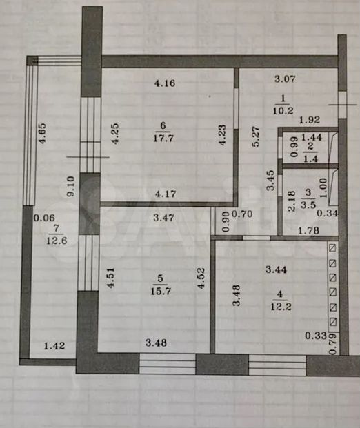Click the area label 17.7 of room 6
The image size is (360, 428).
[x=163, y=138]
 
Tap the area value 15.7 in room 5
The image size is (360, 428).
[x=161, y=291]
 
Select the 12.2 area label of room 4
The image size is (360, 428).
[x=281, y=307]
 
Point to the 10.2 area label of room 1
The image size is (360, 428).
[x=283, y=110]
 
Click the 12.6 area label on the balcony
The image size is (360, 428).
[x=57, y=241]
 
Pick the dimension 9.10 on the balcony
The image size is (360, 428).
[x=70, y=186]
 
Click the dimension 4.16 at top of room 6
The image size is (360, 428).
[x=165, y=83]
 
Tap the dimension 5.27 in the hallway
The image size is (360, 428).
[x=255, y=136]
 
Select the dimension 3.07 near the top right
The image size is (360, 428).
[x=285, y=79]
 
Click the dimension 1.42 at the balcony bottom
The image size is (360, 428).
[x=54, y=346]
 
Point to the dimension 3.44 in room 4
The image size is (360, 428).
[x=277, y=269]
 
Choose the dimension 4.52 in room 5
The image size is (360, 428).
[x=201, y=278]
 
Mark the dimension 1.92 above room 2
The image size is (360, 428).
[x=310, y=120]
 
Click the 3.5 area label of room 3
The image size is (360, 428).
[x=308, y=205]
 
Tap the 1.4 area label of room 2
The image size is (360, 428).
[x=311, y=159]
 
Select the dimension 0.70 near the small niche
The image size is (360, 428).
[x=242, y=214]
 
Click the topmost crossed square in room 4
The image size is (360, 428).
[x=333, y=248]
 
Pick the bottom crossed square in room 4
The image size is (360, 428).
[x=333, y=322]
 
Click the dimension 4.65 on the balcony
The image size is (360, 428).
[x=42, y=134]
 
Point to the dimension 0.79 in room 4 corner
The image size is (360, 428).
[x=332, y=344]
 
